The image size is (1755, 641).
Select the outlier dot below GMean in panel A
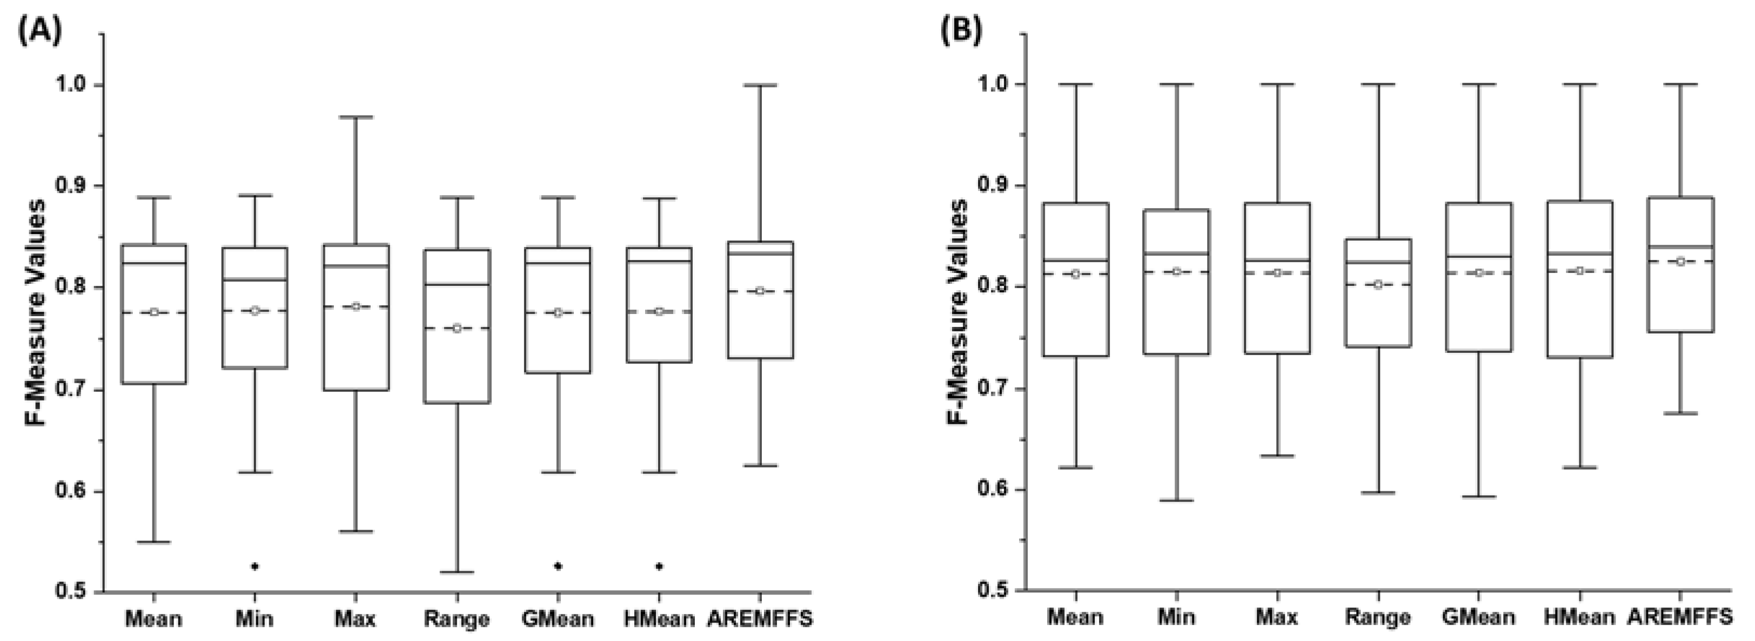click(x=558, y=565)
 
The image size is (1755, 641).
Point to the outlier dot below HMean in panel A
click(x=659, y=565)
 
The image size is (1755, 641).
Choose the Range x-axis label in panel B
click(x=1377, y=617)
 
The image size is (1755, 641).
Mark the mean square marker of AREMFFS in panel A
click(x=760, y=291)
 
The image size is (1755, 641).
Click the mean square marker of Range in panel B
click(x=1377, y=285)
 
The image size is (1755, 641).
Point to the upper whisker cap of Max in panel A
click(x=356, y=117)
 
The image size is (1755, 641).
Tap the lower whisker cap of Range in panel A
click(x=457, y=572)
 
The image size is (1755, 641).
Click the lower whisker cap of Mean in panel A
click(x=154, y=542)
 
